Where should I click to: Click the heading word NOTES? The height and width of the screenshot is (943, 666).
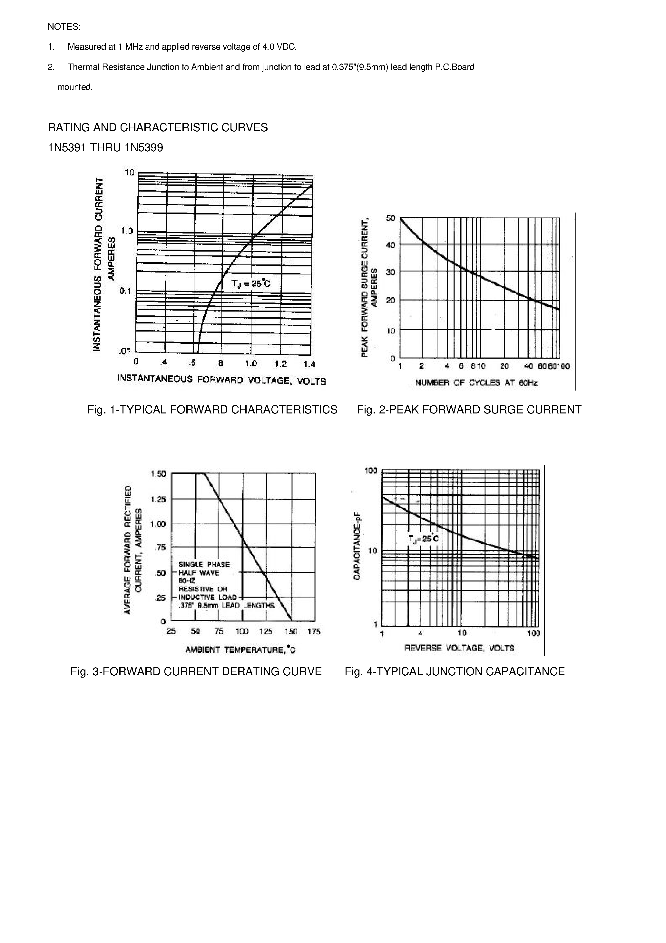tap(64, 27)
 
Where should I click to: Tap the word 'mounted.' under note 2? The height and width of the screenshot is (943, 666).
tap(75, 87)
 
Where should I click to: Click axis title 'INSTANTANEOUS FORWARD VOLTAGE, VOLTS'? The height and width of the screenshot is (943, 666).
tap(221, 380)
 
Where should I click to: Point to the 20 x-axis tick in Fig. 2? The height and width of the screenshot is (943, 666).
tap(504, 366)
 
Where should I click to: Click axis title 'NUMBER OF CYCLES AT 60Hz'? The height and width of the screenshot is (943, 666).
tap(476, 383)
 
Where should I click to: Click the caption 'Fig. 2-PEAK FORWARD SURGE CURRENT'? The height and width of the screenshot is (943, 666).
tap(469, 410)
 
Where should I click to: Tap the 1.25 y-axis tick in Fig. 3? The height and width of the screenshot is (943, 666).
tap(158, 500)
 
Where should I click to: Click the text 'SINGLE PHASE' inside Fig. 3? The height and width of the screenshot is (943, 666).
tap(204, 565)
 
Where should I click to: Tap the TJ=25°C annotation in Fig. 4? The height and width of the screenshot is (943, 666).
tap(423, 539)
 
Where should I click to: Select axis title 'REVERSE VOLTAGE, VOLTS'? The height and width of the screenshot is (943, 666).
tap(459, 648)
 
